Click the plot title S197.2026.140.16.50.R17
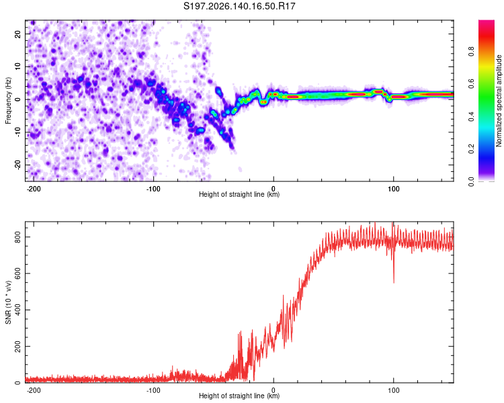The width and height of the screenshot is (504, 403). [x=239, y=6]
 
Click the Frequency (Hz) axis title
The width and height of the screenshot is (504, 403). [x=8, y=101]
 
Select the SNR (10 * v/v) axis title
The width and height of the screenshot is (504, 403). [x=8, y=302]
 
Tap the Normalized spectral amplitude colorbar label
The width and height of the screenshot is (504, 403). [x=499, y=100]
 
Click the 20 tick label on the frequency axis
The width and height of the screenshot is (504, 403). [x=17, y=34]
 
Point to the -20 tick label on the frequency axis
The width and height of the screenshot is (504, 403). [x=17, y=165]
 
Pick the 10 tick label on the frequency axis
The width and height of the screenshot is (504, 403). [x=17, y=66]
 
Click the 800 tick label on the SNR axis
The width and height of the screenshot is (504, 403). [x=17, y=237]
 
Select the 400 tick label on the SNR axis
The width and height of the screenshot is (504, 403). [x=17, y=310]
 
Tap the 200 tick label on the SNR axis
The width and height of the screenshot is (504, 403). [x=17, y=347]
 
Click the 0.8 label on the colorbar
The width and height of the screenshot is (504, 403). [x=471, y=51]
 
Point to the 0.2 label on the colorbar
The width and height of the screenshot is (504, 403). [x=471, y=149]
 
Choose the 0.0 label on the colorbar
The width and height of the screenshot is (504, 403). [x=471, y=181]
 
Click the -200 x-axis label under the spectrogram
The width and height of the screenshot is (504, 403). [x=33, y=189]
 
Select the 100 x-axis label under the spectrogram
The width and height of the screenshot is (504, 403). [x=393, y=189]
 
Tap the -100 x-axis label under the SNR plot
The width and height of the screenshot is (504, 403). [x=153, y=390]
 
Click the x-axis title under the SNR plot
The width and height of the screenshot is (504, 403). [x=239, y=396]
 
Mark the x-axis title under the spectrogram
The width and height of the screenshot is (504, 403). [x=239, y=194]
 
